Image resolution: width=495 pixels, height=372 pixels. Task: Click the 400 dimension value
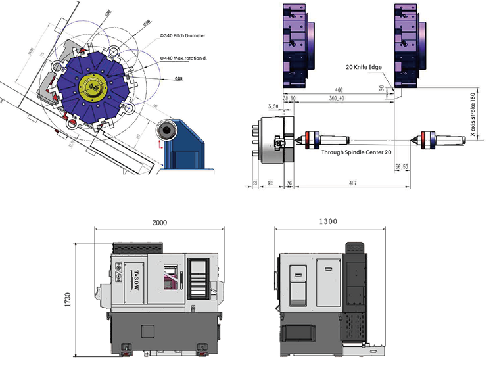click(339, 89)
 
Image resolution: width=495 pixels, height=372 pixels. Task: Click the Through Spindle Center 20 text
click(356, 152)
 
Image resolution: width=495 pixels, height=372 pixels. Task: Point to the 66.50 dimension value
click(401, 168)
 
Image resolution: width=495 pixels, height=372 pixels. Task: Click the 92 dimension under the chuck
click(271, 183)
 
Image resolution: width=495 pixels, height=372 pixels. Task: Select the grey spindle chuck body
click(271, 139)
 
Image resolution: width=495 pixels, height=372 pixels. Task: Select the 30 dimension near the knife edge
click(381, 87)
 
